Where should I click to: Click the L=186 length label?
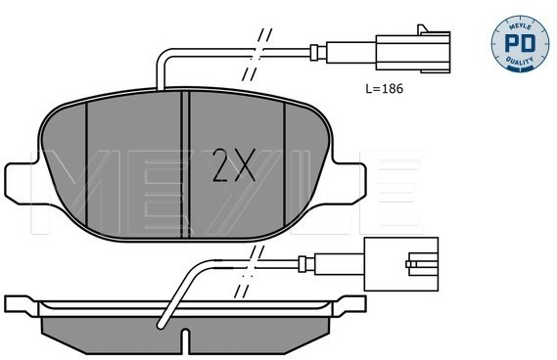point(385,88)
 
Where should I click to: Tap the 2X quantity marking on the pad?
point(233,165)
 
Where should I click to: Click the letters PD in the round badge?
point(520,44)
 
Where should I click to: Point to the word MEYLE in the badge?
point(520,26)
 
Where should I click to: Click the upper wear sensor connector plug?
point(413,51)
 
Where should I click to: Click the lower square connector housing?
point(401,264)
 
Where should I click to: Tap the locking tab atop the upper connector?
point(423,29)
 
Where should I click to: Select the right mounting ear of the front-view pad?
point(349,184)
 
